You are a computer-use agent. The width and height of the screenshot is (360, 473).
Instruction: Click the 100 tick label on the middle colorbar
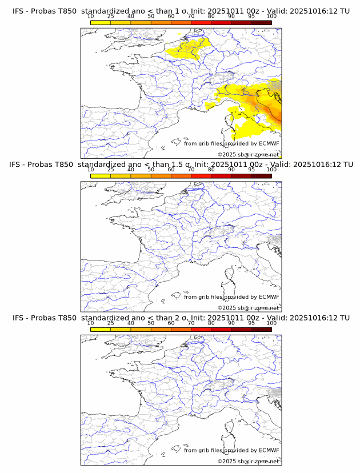[271, 170]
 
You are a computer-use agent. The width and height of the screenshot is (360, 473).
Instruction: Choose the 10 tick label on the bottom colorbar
[91, 323]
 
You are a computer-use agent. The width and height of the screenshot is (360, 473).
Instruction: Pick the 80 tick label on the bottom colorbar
[211, 323]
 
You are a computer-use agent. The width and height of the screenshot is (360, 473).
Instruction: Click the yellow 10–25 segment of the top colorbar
[101, 23]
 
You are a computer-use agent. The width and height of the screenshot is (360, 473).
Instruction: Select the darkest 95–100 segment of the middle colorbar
[262, 176]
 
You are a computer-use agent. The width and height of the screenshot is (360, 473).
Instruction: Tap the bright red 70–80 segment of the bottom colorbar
[201, 329]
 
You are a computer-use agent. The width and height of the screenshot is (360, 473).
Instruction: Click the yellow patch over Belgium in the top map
[189, 49]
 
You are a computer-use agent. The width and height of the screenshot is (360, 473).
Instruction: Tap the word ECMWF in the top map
[269, 143]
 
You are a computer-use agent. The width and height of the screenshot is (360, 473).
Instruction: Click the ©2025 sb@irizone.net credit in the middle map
[248, 307]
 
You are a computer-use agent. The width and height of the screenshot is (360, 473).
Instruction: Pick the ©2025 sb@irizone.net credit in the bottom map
[248, 460]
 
